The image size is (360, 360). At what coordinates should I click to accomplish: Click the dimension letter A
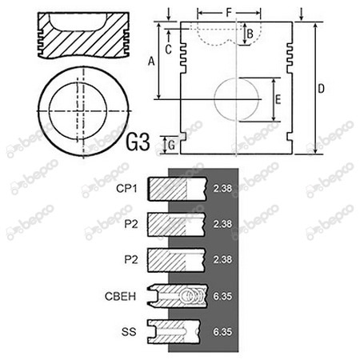click(x=151, y=62)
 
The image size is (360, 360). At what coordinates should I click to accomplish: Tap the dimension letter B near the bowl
click(x=250, y=34)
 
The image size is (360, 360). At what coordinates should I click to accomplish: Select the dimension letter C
click(x=168, y=50)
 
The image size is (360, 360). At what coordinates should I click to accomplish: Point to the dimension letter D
click(x=322, y=89)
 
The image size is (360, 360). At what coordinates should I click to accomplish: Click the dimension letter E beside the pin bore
click(x=278, y=99)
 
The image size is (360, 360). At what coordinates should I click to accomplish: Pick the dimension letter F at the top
click(x=229, y=12)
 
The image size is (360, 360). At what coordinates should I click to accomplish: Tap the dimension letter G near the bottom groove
click(x=172, y=146)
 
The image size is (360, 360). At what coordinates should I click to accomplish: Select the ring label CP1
click(x=126, y=189)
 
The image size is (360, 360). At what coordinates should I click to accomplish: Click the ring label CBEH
click(x=120, y=296)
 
